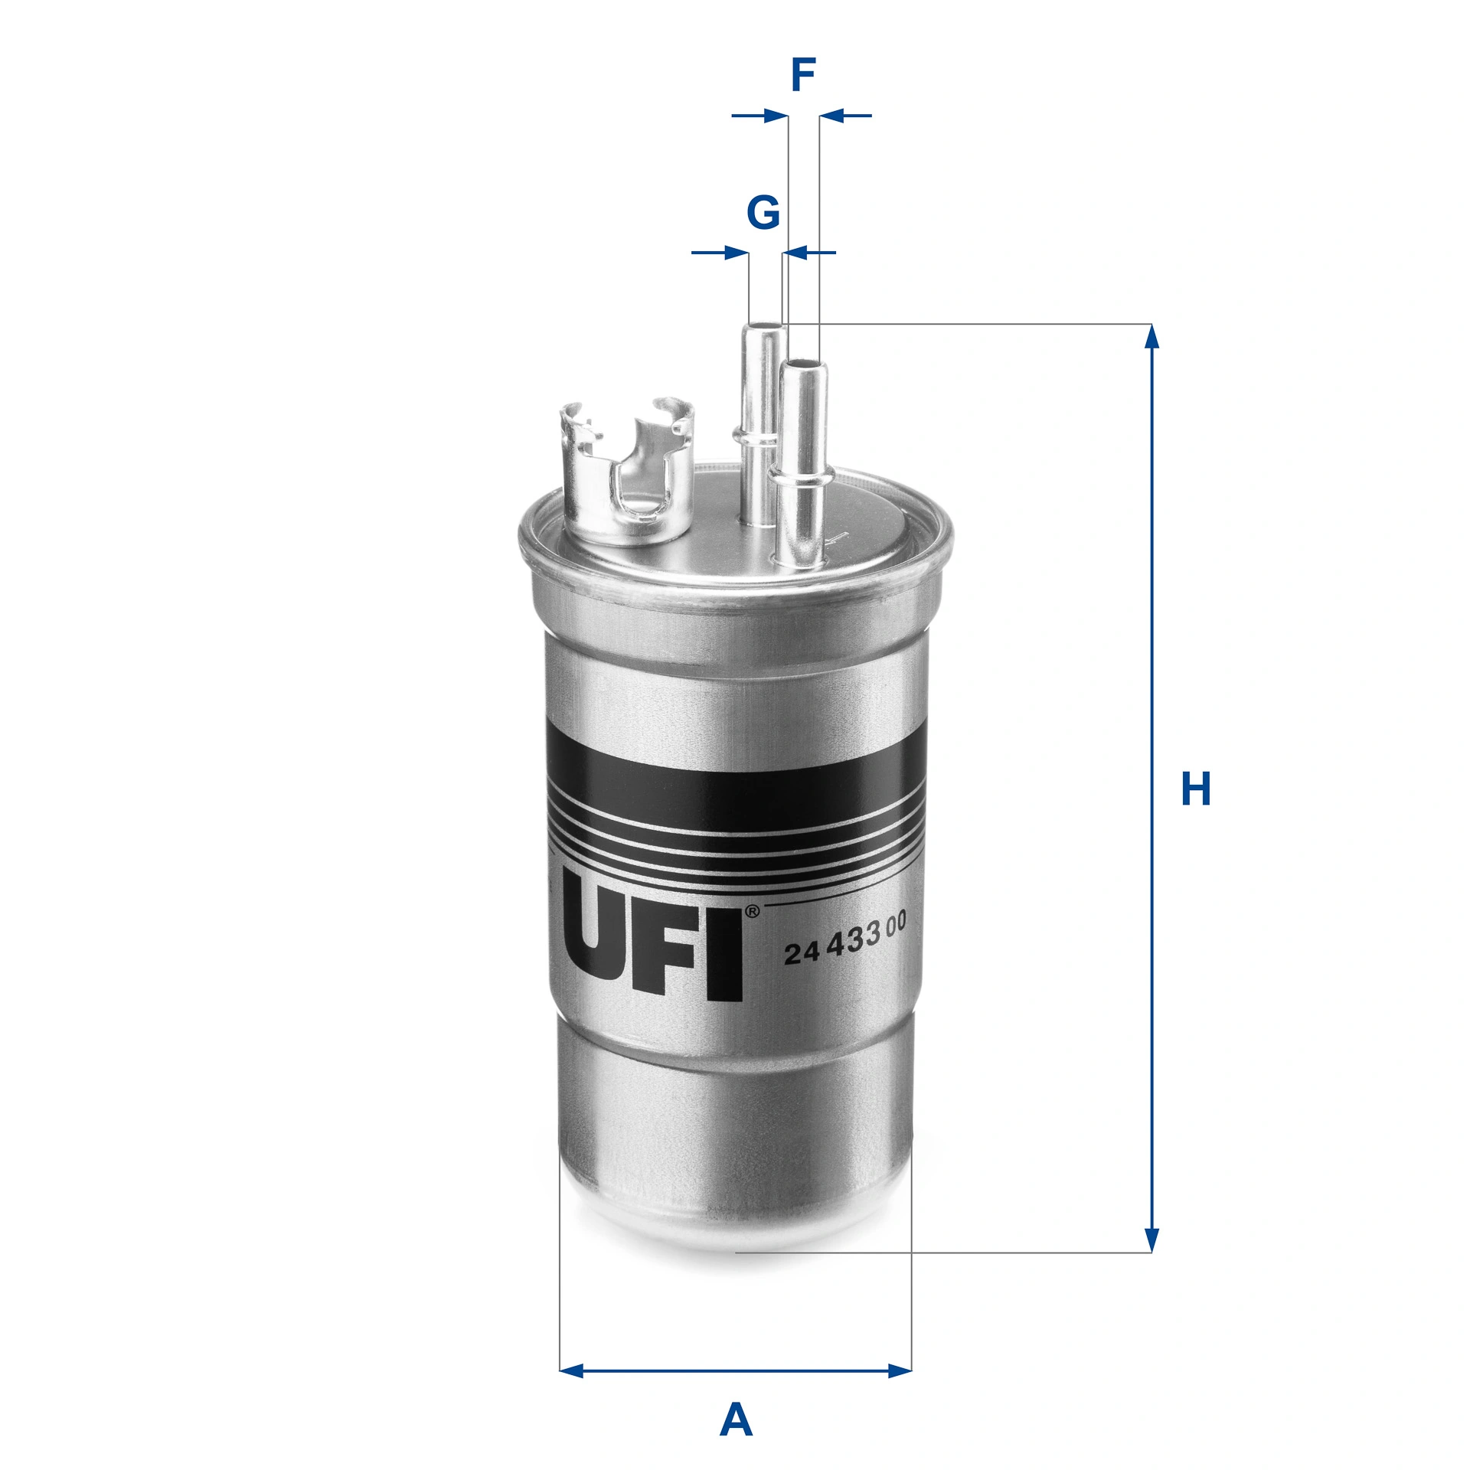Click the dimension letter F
pyautogui.click(x=802, y=75)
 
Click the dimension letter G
pyautogui.click(x=763, y=212)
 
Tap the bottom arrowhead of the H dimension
pyautogui.click(x=1151, y=1240)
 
